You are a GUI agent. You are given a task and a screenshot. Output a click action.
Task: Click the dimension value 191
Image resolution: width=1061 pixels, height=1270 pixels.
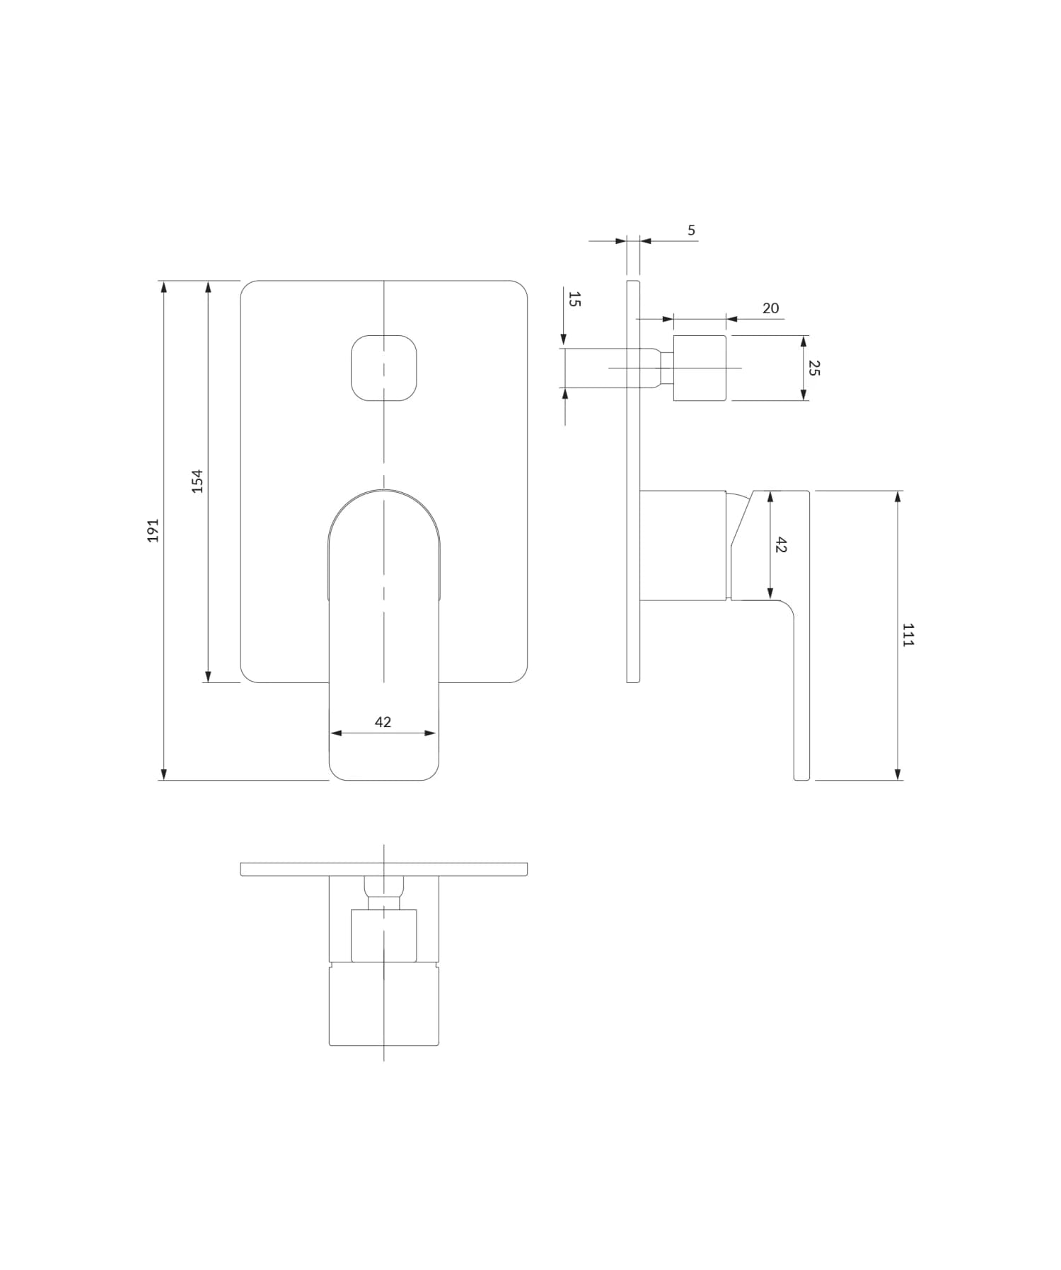point(153,530)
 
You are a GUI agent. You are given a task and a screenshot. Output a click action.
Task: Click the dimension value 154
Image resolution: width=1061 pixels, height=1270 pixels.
point(198,481)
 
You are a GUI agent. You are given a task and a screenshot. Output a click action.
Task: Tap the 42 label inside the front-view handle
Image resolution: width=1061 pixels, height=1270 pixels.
point(383,722)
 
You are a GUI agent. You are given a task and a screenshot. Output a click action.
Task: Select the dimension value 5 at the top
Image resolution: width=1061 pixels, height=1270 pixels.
point(691,231)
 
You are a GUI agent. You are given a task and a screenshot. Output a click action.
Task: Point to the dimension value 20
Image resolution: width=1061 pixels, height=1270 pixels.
point(770,308)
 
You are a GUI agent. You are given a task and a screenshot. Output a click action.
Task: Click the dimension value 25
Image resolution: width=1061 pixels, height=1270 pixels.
point(813,368)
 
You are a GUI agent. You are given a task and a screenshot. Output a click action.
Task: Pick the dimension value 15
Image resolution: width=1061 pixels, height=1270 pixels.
point(574,299)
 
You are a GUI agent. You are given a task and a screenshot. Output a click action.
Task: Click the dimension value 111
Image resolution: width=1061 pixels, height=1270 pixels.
point(908,635)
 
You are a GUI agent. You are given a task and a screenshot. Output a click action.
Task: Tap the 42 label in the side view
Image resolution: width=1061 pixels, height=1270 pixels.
point(780,545)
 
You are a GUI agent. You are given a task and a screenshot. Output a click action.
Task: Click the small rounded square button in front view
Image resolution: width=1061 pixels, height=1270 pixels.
point(383,368)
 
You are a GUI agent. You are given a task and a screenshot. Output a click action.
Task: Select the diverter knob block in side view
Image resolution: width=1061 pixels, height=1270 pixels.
point(700,368)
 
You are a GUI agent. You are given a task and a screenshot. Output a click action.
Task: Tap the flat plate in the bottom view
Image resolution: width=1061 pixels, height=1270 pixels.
point(383,869)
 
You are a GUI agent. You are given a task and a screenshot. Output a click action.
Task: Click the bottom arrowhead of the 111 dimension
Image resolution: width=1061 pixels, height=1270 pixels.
point(898,775)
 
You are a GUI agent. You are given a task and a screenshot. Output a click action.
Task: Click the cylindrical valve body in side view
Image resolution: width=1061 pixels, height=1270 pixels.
point(683,545)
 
